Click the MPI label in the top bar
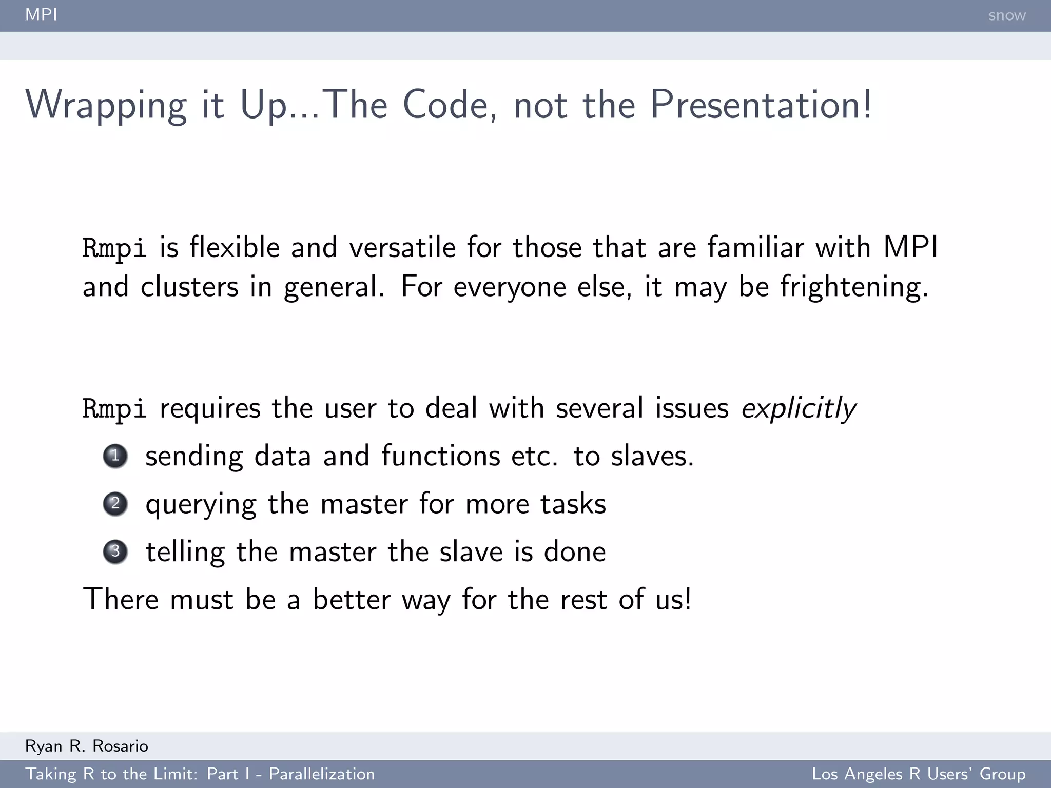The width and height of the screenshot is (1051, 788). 41,14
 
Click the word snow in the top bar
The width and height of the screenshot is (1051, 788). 1007,15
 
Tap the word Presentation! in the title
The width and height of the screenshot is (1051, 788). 761,105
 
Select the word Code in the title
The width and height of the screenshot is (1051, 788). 450,105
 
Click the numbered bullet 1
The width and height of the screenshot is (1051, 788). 115,456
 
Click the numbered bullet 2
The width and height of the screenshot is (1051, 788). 115,504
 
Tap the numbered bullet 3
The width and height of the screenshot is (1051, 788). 115,551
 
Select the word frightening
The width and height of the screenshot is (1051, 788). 854,287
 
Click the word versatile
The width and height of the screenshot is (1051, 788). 402,248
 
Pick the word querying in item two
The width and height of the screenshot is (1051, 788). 201,505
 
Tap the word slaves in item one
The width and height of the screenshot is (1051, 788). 651,456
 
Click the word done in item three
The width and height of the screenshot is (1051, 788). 575,552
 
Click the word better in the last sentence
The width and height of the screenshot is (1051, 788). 352,599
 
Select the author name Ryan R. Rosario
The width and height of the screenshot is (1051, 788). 87,746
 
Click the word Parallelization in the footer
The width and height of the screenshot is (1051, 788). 322,774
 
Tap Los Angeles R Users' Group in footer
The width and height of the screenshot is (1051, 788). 919,774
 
